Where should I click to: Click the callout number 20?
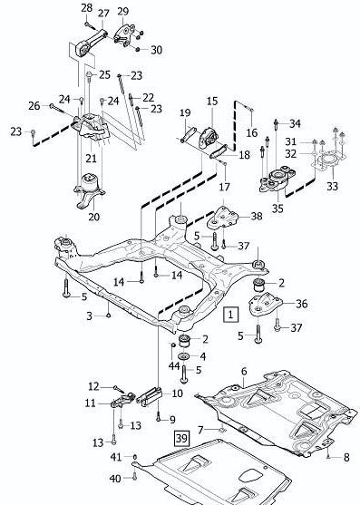93,217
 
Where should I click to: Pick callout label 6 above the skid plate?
243,372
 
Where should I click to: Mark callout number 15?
211,102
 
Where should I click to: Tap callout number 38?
257,217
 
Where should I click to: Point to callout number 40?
115,477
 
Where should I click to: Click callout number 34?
295,122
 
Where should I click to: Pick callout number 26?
34,106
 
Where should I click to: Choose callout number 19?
184,112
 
